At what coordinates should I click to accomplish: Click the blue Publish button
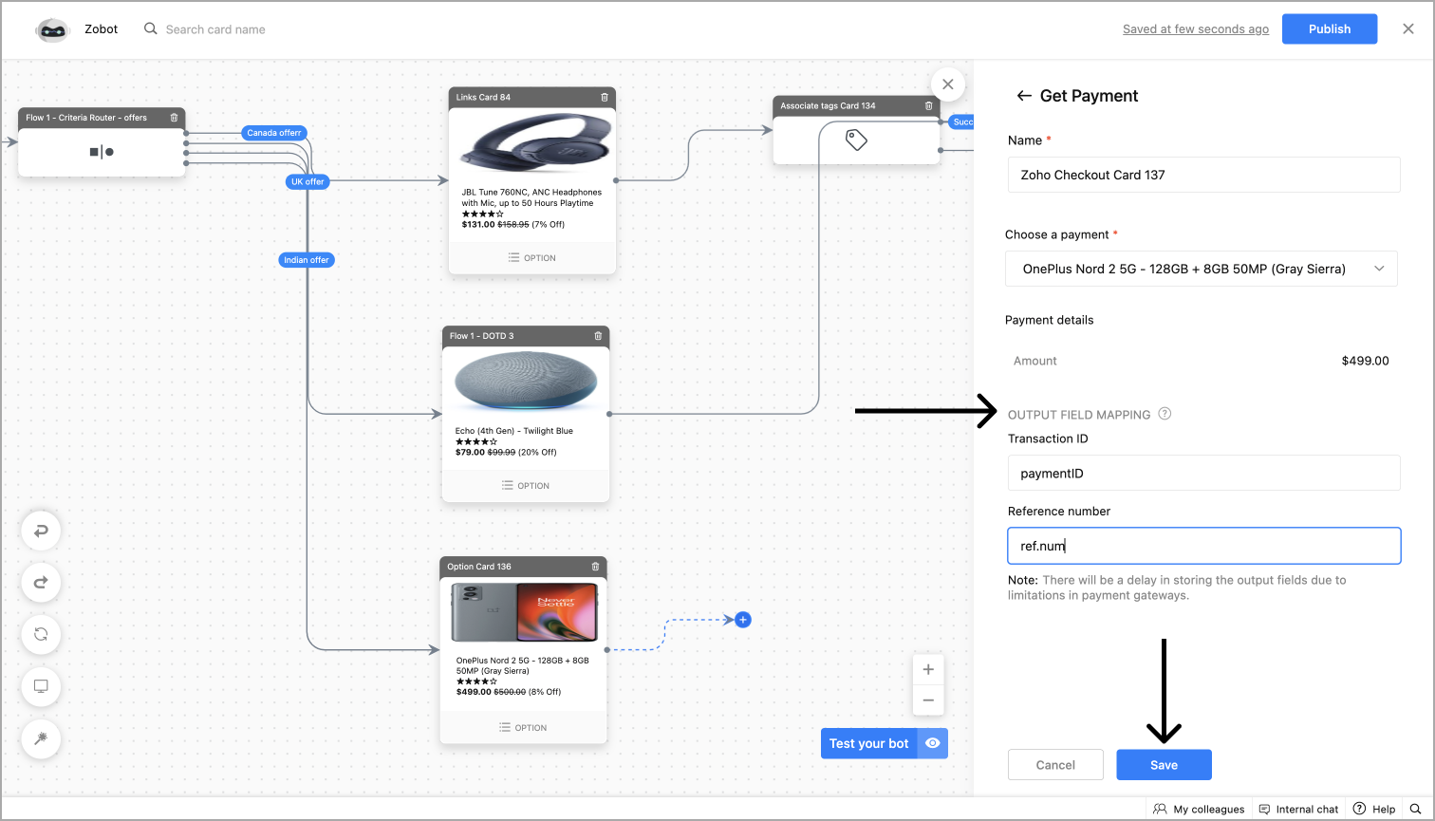[1329, 29]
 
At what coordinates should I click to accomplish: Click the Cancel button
[1055, 765]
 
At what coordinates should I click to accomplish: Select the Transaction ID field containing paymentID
[1203, 473]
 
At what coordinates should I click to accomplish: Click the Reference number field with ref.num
[1203, 546]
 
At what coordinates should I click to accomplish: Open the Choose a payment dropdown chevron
[1380, 269]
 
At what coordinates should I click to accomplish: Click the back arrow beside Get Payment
[1023, 96]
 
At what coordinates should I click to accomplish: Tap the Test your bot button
[869, 743]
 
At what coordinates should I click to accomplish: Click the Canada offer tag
[274, 133]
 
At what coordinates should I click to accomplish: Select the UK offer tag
[307, 181]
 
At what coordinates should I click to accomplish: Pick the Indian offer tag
[307, 260]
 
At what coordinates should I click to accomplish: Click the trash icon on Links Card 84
[605, 97]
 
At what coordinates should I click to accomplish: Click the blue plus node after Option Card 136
[743, 620]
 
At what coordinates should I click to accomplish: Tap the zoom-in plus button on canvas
[928, 669]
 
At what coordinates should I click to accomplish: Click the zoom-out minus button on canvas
[928, 700]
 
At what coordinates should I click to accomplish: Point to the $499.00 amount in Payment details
[1365, 361]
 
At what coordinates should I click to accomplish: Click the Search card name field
[215, 29]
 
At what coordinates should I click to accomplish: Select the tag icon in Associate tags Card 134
[856, 140]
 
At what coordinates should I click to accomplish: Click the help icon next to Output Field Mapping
[1165, 414]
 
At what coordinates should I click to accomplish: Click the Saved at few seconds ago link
[1195, 29]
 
